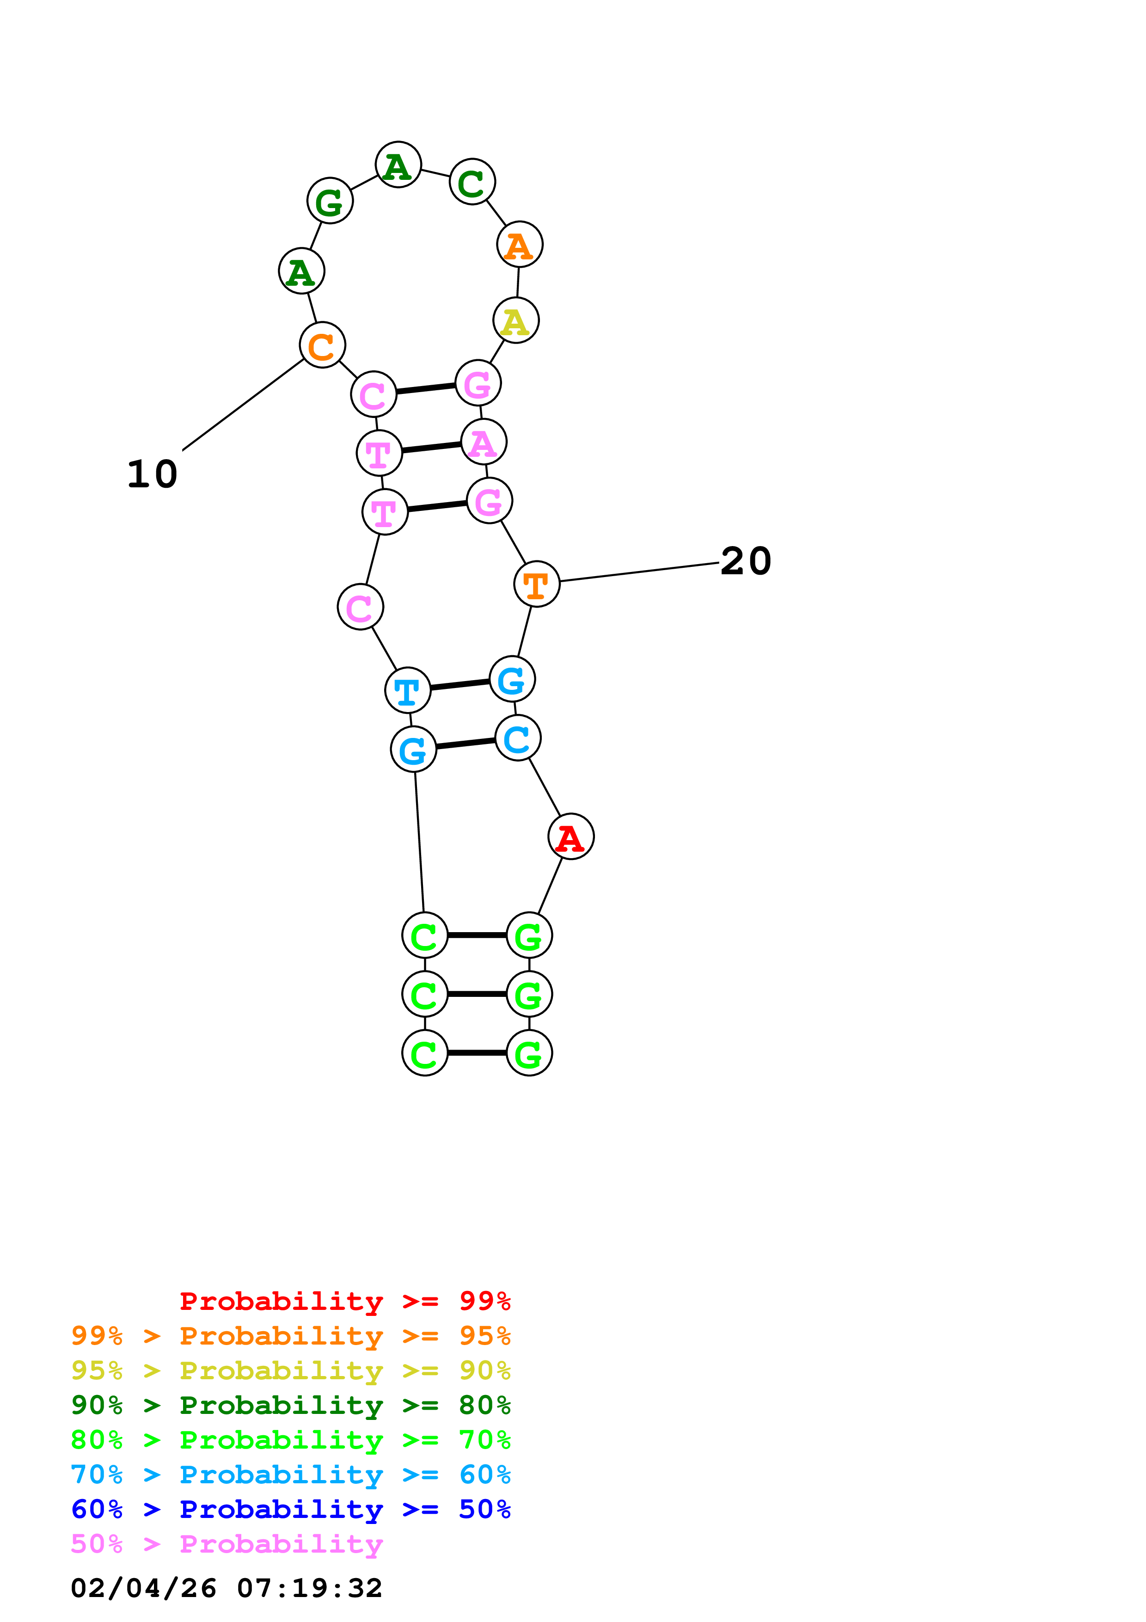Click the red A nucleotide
click(570, 837)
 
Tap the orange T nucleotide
click(537, 584)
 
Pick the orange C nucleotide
click(323, 345)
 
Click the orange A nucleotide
click(520, 245)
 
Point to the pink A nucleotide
click(484, 443)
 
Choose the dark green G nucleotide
click(330, 201)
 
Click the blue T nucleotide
click(407, 690)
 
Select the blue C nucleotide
click(518, 738)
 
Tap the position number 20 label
click(746, 562)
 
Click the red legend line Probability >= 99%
click(344, 1301)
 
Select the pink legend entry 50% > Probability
click(227, 1544)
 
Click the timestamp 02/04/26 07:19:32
click(227, 1588)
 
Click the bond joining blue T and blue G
click(460, 685)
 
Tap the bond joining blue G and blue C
click(466, 744)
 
